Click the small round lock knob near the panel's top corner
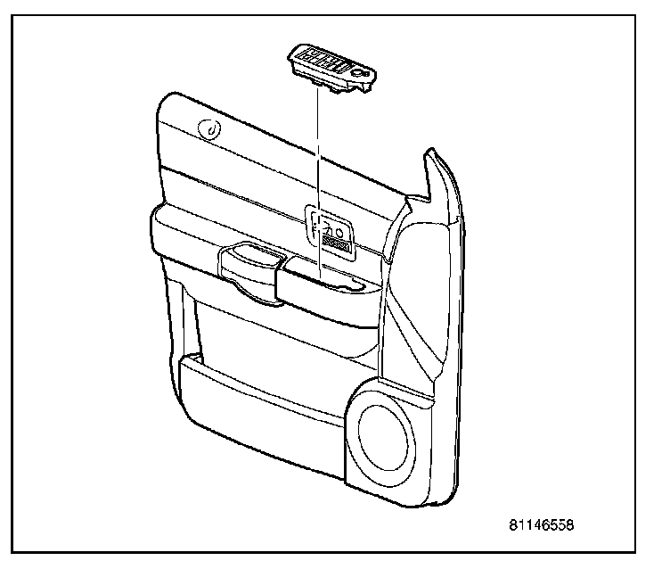(x=212, y=129)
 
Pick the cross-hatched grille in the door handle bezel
(x=337, y=237)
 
